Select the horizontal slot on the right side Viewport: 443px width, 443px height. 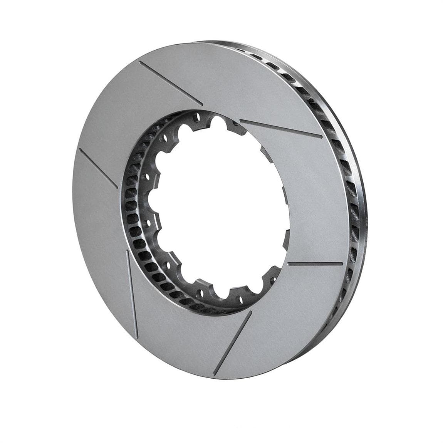click(315, 264)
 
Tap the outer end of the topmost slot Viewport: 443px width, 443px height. click(140, 62)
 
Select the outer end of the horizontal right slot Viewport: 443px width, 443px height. click(342, 264)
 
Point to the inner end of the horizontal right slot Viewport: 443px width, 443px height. click(289, 265)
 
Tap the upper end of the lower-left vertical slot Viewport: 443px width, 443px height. click(127, 251)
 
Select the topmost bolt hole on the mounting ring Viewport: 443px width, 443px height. click(197, 115)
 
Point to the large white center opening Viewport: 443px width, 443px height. click(223, 208)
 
